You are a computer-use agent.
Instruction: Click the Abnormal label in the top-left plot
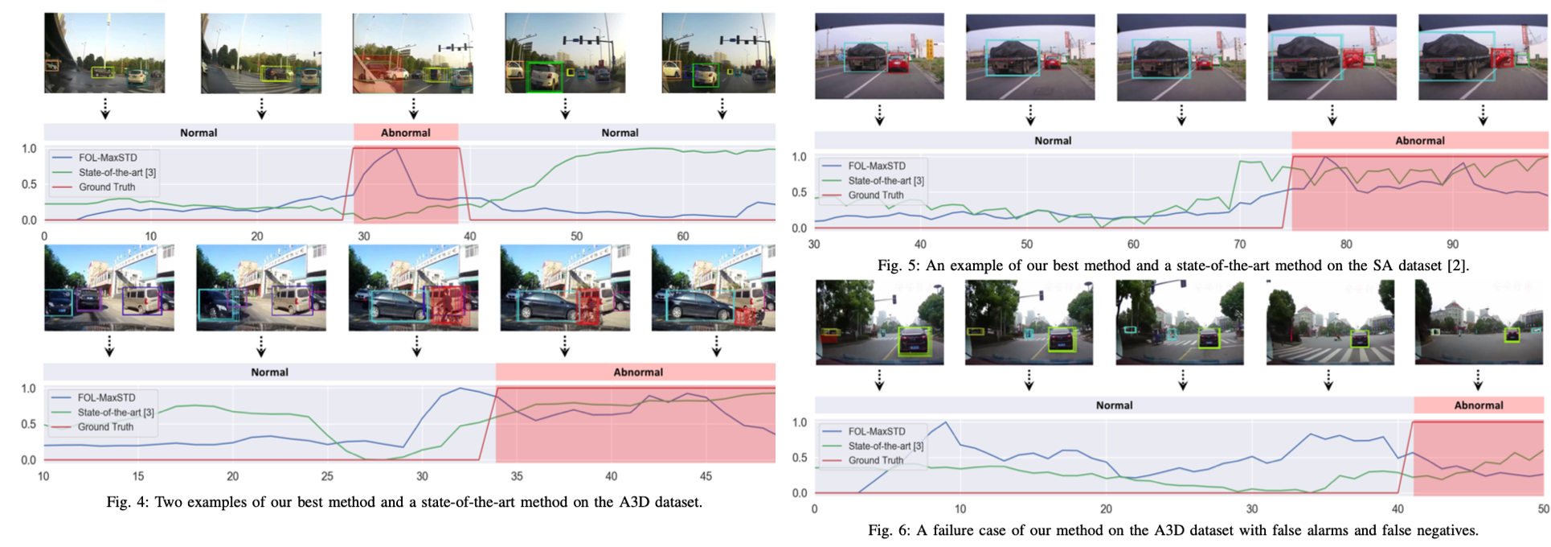coord(405,133)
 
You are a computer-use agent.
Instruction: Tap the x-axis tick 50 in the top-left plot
coord(576,236)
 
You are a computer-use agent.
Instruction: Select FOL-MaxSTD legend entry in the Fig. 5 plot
coord(876,167)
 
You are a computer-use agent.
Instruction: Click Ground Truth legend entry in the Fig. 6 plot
coord(875,461)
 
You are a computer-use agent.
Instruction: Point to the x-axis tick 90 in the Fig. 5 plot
coord(1452,245)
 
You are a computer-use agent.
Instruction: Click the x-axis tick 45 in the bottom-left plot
coord(706,476)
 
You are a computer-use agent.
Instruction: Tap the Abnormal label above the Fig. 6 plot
coord(1478,405)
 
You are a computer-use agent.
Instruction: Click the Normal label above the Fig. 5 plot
coord(1053,141)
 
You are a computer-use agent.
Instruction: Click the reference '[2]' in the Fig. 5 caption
coord(1457,266)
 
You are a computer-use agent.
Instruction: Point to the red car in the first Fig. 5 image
coord(898,62)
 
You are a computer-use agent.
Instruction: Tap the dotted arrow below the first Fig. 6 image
coord(879,380)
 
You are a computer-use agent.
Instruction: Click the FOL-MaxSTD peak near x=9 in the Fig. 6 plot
coord(946,423)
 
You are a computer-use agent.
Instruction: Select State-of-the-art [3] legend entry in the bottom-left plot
coord(116,413)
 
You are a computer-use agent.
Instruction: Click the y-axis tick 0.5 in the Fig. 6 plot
coord(800,458)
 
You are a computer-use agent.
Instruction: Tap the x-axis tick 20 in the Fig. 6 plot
coord(1106,509)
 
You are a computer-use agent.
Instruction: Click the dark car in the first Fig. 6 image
coord(914,341)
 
